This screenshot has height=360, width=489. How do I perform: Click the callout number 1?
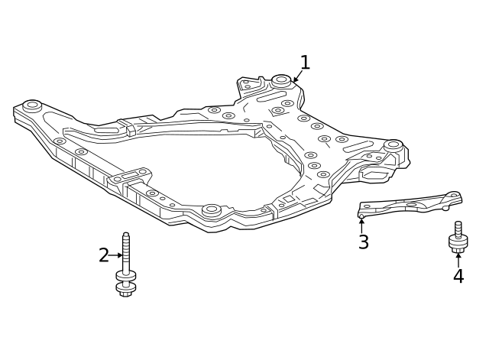click(305, 63)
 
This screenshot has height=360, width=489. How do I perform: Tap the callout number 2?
click(103, 255)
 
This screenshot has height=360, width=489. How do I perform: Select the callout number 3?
click(364, 243)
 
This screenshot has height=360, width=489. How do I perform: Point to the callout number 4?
click(458, 277)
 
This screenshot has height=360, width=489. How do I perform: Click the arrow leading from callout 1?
click(297, 77)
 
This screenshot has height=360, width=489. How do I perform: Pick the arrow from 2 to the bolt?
click(115, 255)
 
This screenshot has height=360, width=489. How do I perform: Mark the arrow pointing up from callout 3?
click(362, 225)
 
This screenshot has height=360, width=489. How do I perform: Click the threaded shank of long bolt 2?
click(126, 249)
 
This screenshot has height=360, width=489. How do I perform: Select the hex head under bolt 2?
click(125, 289)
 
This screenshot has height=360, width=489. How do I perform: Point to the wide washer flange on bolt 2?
click(125, 275)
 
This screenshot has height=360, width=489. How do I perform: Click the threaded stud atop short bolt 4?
click(458, 228)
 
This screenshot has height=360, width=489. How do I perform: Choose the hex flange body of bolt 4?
click(458, 243)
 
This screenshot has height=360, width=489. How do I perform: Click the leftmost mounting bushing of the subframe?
click(31, 105)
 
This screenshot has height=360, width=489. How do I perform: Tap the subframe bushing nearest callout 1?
click(281, 79)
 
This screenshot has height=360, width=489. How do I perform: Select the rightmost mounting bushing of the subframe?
click(393, 144)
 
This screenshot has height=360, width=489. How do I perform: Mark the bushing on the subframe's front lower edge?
click(212, 209)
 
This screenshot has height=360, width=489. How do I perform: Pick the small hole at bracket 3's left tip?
click(361, 216)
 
